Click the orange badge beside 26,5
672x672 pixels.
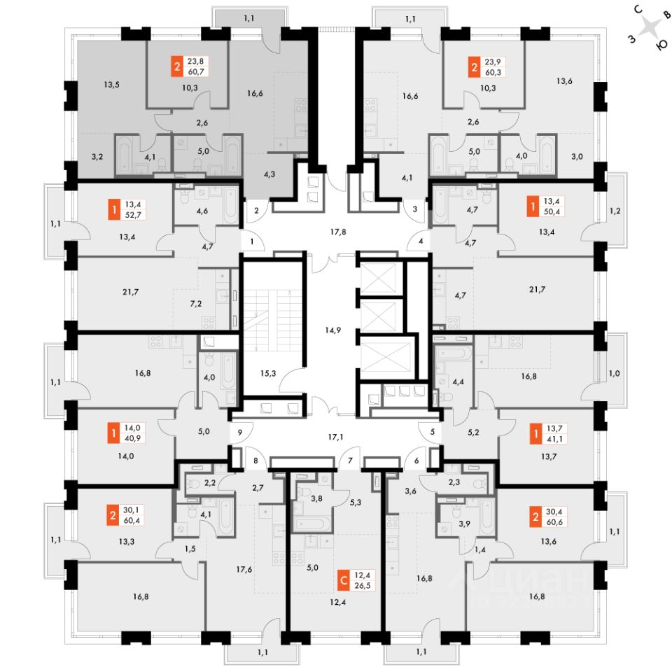click(x=344, y=581)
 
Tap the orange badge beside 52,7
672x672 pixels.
click(x=114, y=209)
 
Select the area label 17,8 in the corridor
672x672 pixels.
click(x=338, y=232)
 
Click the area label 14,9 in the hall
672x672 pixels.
click(x=332, y=330)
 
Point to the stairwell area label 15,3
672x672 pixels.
click(x=268, y=373)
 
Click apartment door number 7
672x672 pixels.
click(x=350, y=461)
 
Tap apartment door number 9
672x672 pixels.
click(x=240, y=433)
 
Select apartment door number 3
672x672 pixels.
click(x=415, y=209)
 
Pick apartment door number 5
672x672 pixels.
click(x=433, y=432)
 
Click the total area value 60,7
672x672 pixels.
click(x=196, y=71)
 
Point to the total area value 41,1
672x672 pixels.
click(x=555, y=439)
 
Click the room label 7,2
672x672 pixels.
click(x=196, y=304)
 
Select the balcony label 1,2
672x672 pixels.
click(x=615, y=211)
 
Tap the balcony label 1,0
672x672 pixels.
click(x=615, y=373)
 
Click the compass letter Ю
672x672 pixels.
click(x=662, y=45)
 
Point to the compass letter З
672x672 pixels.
click(x=631, y=39)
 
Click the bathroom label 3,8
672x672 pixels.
click(x=316, y=498)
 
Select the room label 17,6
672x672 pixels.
click(x=244, y=569)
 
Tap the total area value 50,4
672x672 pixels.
click(x=552, y=211)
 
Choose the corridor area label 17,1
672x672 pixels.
click(x=335, y=437)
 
